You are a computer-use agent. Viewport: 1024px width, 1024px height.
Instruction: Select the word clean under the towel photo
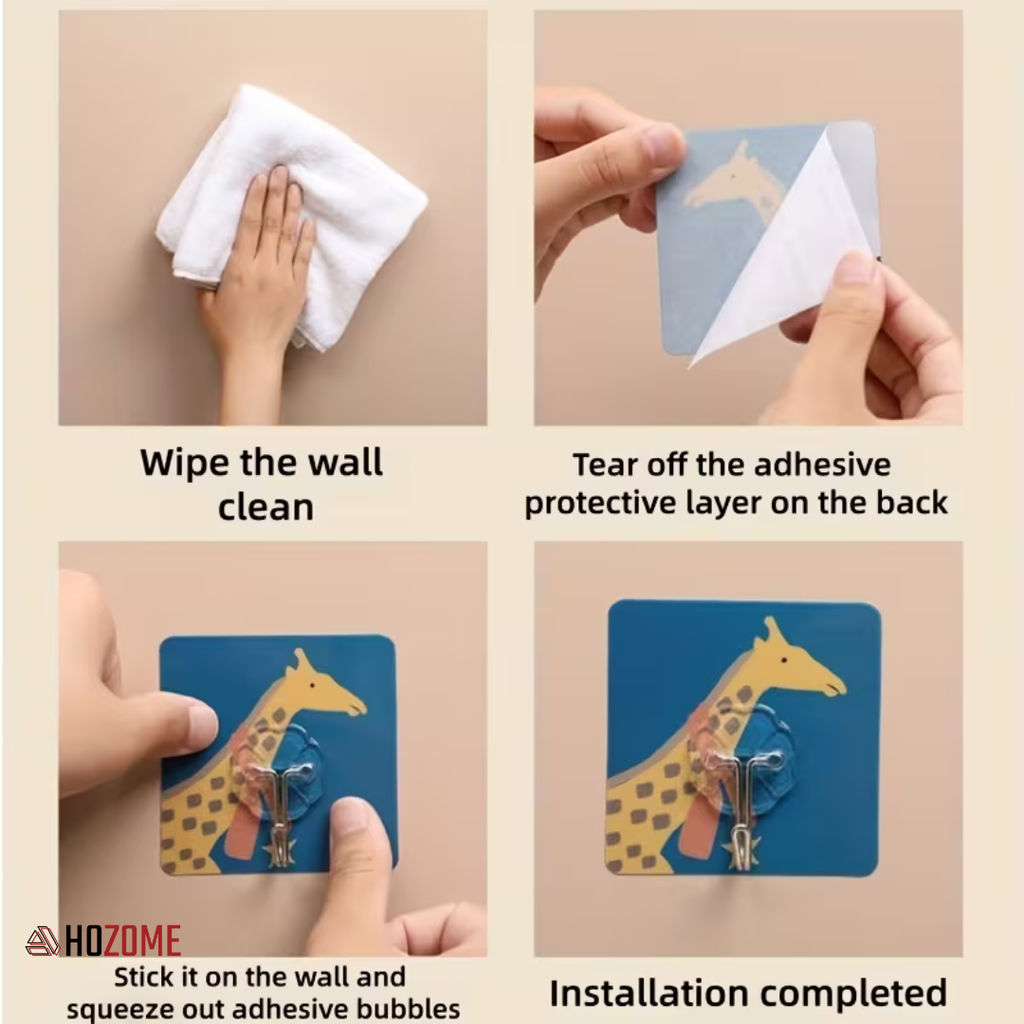click(x=265, y=507)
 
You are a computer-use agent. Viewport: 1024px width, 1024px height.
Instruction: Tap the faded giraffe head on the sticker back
click(x=735, y=180)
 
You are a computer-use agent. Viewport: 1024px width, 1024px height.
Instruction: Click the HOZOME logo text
click(x=123, y=942)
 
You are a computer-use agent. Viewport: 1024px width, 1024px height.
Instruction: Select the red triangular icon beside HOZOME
click(x=42, y=942)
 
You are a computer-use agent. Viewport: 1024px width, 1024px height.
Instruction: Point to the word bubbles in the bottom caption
click(x=410, y=1008)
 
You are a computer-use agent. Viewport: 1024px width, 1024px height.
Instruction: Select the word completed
click(x=864, y=994)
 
